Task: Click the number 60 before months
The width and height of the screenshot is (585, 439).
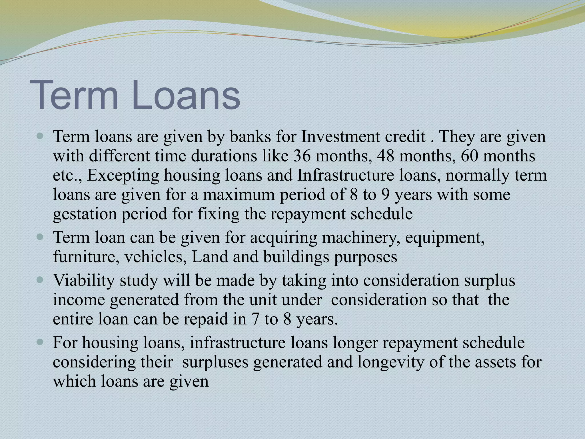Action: [469, 156]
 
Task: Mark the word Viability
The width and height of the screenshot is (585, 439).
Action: [84, 280]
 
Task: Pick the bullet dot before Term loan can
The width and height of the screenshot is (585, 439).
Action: [40, 237]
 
